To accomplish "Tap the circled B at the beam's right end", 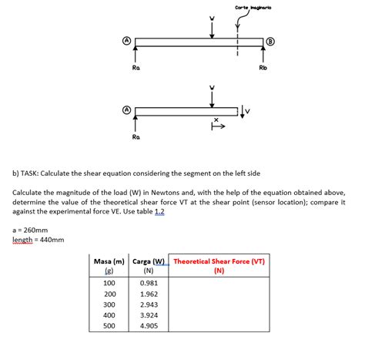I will click(x=270, y=41).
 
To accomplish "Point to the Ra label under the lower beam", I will click(x=136, y=136).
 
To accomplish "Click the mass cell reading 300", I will click(x=109, y=304).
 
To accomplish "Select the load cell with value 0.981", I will click(x=149, y=283).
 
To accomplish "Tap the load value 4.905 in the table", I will click(x=149, y=326).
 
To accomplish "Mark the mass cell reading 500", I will click(x=109, y=326).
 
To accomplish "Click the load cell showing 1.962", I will click(x=149, y=294).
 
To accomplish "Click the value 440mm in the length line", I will click(x=52, y=239).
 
